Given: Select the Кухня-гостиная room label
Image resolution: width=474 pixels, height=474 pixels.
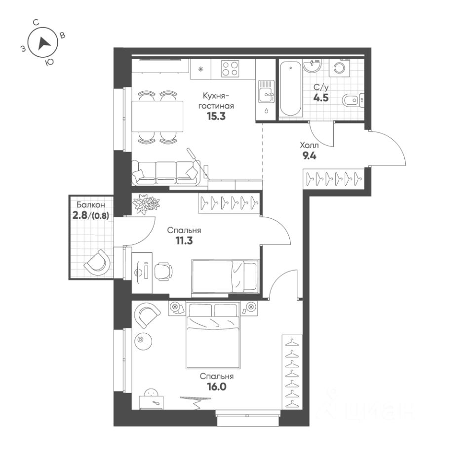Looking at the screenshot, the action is click(216, 101).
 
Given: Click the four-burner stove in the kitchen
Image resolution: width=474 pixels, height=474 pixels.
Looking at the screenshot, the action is click(230, 68).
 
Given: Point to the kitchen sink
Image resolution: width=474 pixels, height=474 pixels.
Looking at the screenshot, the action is click(267, 91).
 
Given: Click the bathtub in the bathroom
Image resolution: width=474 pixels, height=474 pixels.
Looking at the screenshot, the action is click(290, 89).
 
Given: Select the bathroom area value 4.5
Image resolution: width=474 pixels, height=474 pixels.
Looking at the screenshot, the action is click(321, 97).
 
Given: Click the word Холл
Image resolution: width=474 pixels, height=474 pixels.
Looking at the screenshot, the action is click(310, 146).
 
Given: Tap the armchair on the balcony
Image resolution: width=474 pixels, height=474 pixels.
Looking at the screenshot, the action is click(97, 261).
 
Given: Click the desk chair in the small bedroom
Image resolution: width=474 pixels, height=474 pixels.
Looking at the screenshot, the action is click(163, 271).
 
